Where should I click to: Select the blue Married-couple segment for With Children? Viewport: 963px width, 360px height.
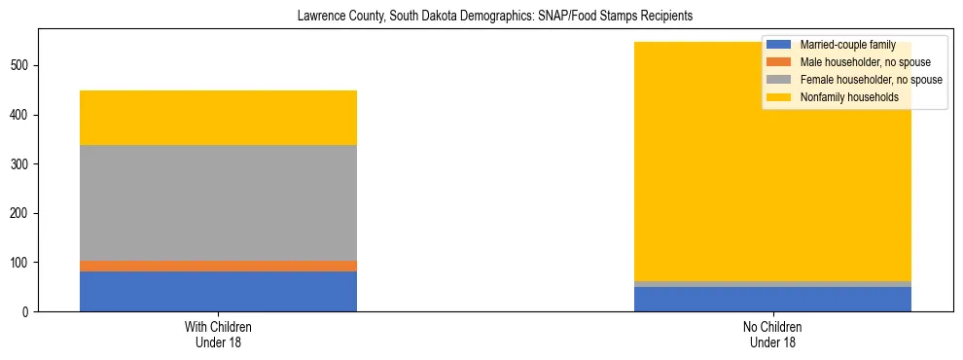point(218,291)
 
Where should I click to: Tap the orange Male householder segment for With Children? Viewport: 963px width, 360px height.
point(218,266)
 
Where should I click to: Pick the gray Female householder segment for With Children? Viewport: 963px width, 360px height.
point(218,202)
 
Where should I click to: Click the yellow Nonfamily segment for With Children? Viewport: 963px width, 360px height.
point(218,118)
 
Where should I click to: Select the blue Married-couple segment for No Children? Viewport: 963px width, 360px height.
point(772,299)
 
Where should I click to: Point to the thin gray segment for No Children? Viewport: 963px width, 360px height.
point(772,284)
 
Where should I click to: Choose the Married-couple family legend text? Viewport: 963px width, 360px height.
point(841,45)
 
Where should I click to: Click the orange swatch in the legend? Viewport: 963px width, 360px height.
point(779,62)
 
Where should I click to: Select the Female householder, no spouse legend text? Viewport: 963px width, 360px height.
point(871,80)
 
